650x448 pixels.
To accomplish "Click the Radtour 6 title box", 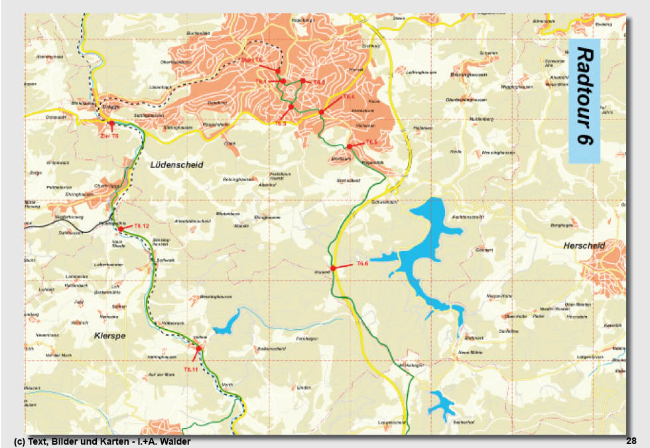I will coord(584,101).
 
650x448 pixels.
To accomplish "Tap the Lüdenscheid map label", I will coord(176,164).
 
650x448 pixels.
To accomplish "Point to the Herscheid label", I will coord(584,246).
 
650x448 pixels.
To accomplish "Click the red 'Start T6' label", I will coord(252,60).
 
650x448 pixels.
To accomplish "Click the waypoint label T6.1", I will coord(261,81).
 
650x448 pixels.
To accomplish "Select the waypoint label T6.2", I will coord(319,82).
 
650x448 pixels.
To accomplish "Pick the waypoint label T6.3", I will coord(280,123).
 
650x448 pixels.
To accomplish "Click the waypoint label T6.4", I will coord(349,97).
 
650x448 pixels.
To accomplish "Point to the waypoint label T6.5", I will coord(371,141).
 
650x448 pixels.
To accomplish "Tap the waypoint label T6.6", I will coord(362,263).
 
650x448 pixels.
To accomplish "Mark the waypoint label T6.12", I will coord(141,226).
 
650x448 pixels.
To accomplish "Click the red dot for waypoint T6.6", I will coord(333,267).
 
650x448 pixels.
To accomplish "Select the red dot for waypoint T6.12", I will coord(121,229).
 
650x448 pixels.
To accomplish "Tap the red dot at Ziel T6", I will coord(111,123).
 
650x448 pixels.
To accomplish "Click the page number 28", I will coord(631,441).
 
